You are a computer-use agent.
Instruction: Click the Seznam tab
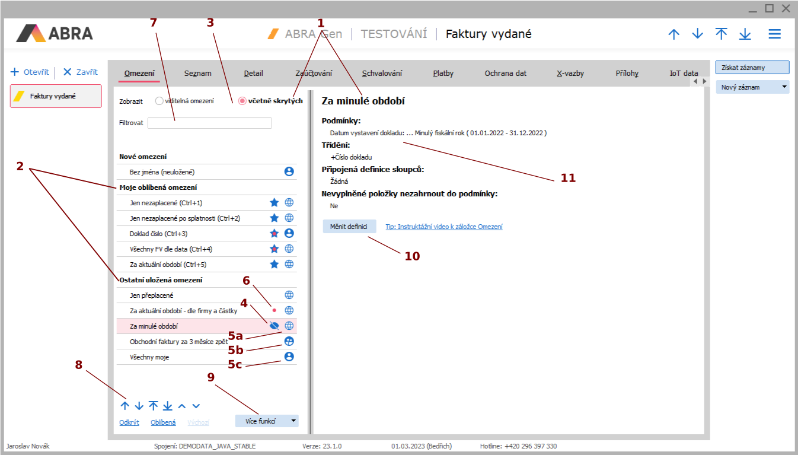click(197, 73)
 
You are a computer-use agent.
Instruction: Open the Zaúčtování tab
click(314, 73)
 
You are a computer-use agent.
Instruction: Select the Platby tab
click(443, 73)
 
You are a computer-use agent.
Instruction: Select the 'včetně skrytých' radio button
click(242, 101)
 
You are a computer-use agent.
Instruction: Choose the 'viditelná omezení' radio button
click(159, 101)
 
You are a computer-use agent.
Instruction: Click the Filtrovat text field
click(209, 123)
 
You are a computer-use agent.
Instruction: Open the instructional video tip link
click(444, 227)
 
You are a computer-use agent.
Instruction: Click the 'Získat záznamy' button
click(752, 68)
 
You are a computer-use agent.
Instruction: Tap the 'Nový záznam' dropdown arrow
click(784, 87)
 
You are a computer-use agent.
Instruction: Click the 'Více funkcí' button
click(266, 421)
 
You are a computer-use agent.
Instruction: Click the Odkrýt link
click(129, 422)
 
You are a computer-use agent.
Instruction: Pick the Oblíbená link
click(163, 422)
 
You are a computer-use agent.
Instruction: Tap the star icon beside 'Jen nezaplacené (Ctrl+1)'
click(274, 202)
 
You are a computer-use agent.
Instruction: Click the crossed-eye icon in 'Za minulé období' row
click(274, 326)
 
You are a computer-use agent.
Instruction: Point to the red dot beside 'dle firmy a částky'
click(274, 310)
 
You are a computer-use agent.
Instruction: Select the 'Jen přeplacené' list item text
click(151, 295)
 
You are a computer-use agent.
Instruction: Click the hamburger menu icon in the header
click(774, 34)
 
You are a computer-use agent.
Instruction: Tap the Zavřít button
click(81, 72)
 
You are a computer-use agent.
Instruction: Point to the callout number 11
click(568, 178)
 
